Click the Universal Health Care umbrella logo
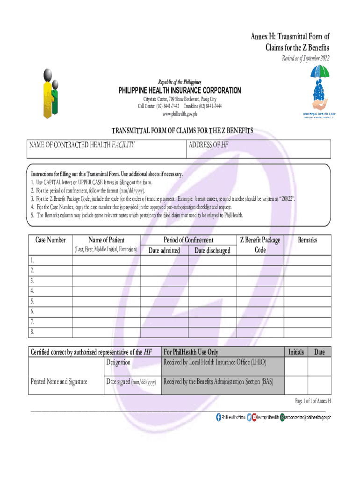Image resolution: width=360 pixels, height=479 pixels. [x=319, y=91]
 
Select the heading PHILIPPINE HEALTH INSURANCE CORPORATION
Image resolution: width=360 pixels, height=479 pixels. [x=180, y=90]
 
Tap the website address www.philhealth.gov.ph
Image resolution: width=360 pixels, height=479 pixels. [x=180, y=113]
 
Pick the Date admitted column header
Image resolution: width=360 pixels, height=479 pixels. [x=164, y=251]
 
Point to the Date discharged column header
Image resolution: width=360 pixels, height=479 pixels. [x=212, y=251]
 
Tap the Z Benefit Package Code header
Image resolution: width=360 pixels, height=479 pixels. [x=260, y=245]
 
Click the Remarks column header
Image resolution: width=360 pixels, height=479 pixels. [x=307, y=240]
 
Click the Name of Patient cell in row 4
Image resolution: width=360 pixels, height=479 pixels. [x=106, y=291]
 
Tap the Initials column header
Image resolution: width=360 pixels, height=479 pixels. [x=296, y=352]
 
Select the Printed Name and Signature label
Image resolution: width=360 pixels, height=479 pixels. [x=59, y=381]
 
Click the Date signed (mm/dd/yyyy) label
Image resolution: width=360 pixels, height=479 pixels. [x=131, y=382]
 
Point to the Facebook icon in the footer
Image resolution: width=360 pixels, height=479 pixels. [x=218, y=417]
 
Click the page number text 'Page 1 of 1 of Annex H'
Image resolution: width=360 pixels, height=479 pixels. [x=313, y=401]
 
